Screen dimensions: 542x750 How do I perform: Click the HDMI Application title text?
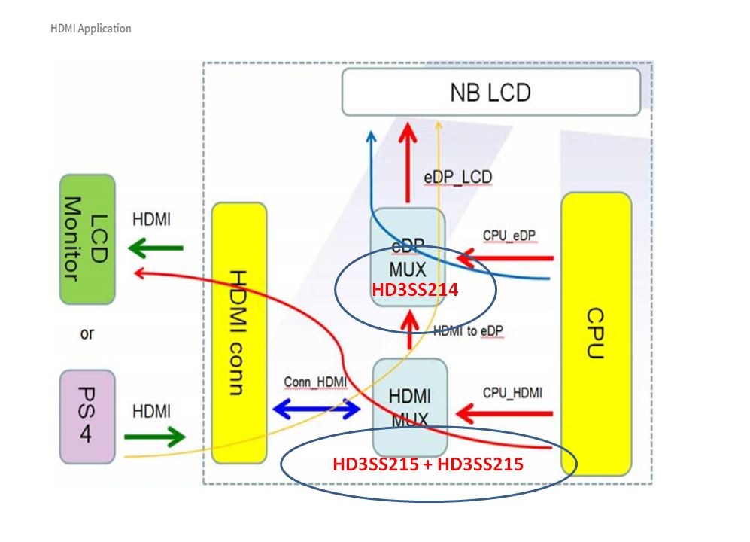(90, 29)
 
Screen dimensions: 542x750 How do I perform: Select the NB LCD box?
(490, 93)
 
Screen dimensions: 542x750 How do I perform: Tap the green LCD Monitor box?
(87, 239)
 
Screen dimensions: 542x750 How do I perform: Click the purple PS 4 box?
(87, 415)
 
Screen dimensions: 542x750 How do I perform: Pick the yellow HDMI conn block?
(239, 331)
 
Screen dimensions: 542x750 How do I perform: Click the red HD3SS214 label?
(415, 288)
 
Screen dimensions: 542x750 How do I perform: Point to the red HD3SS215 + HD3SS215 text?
(427, 464)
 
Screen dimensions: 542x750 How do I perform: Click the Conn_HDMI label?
(315, 382)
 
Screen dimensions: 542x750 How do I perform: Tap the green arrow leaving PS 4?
(154, 436)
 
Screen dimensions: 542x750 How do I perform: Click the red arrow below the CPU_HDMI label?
(505, 413)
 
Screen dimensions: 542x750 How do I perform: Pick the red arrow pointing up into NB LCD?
(408, 160)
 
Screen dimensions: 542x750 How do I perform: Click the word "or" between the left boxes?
(87, 333)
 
